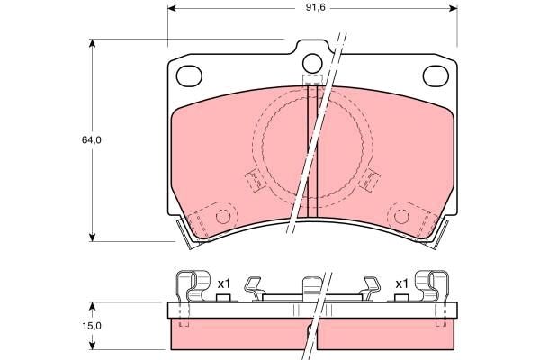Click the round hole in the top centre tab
click(x=312, y=63)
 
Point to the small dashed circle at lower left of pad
click(x=223, y=216)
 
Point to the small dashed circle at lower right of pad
click(x=400, y=216)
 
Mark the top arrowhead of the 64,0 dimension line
click(x=93, y=43)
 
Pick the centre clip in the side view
click(x=310, y=288)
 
